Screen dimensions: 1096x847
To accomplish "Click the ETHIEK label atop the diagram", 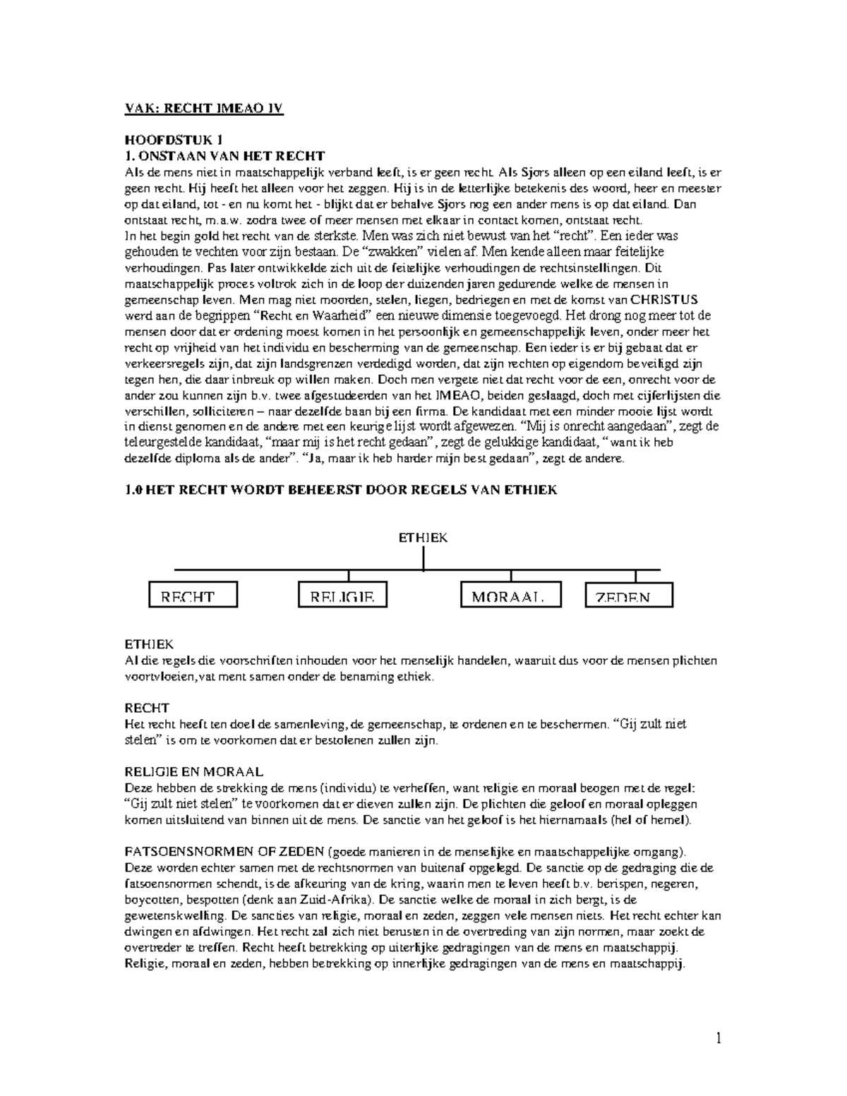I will pos(423,538).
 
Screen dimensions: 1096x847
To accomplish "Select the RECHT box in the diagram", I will pos(193,595).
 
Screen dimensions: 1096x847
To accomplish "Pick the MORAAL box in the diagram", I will pos(511,595).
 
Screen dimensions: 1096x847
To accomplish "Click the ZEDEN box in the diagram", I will pos(629,595).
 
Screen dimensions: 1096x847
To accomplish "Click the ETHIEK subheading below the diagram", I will pos(149,644).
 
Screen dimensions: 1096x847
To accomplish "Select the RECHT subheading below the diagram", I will pos(147,708).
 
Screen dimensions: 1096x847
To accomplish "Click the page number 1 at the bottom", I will pos(719,1037).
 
